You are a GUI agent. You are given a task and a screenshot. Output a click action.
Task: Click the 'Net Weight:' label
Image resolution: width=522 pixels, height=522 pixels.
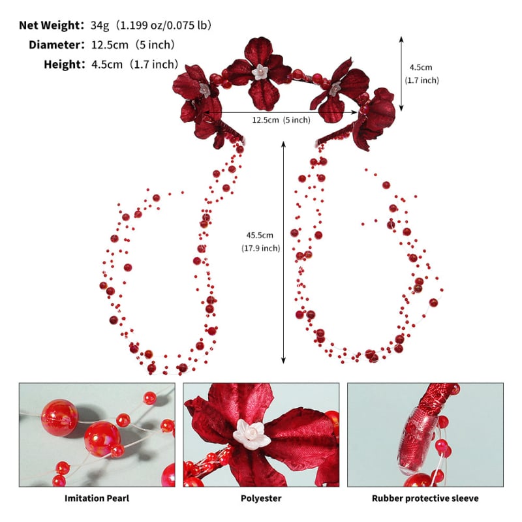[x=52, y=25]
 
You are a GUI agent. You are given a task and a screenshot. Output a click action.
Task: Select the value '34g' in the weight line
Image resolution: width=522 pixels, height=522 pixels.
[x=100, y=25]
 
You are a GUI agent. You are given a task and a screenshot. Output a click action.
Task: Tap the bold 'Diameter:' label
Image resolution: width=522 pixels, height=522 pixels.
[x=57, y=45]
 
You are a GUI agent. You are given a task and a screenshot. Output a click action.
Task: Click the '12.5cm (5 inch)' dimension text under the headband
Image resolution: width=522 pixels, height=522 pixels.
[x=281, y=120]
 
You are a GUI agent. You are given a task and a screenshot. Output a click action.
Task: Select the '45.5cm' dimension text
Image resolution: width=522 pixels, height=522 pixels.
[x=260, y=236]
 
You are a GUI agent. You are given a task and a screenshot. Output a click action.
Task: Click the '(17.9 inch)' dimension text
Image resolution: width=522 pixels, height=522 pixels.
[x=260, y=249]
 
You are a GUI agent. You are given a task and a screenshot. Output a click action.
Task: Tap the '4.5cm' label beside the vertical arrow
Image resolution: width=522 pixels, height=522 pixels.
[x=421, y=67]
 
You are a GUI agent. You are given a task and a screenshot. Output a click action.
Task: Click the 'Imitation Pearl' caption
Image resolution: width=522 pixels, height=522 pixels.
[x=97, y=499]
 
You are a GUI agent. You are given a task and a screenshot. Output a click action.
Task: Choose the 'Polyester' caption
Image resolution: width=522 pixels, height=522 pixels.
[x=261, y=499]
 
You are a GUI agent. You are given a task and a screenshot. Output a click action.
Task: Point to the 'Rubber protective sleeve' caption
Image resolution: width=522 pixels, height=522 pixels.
[x=425, y=499]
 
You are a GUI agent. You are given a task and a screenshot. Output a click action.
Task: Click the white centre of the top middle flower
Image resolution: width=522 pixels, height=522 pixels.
[x=260, y=72]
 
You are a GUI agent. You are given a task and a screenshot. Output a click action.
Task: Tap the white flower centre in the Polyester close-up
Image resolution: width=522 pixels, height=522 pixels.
[x=251, y=434]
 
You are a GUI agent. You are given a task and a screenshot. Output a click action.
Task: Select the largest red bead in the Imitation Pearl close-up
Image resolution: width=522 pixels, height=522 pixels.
[x=60, y=418]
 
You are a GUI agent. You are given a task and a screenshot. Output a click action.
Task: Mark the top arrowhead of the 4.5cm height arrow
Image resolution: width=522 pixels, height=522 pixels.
[x=401, y=39]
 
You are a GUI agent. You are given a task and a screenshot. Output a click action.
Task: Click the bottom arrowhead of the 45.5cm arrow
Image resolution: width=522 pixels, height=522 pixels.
[x=283, y=361]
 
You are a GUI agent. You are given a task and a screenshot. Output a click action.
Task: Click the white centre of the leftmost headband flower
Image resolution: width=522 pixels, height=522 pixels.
[x=204, y=89]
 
